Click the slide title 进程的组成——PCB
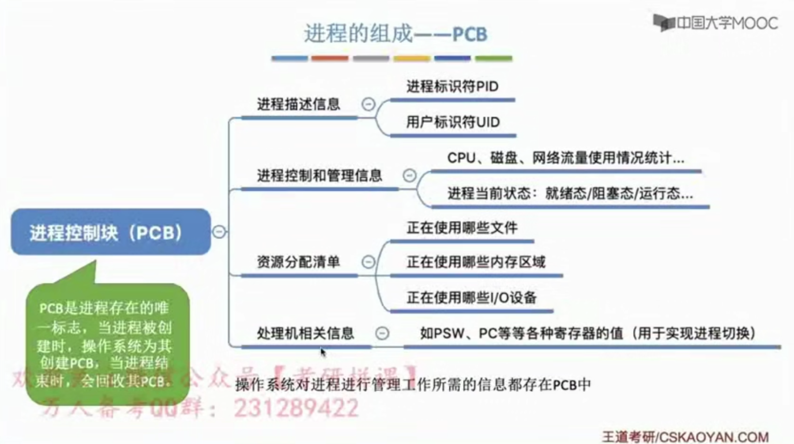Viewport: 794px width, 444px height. (395, 34)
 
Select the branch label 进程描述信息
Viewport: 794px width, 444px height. (298, 104)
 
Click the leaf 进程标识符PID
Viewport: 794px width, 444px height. (452, 86)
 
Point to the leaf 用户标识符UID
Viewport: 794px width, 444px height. (452, 122)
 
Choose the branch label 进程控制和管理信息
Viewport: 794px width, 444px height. (319, 175)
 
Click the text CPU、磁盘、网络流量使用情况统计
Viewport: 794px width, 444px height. (565, 158)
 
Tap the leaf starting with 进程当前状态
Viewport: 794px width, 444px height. (570, 194)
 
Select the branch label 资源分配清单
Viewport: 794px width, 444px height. (298, 262)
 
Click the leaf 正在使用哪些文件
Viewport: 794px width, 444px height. (462, 228)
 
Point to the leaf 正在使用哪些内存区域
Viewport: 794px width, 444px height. (476, 262)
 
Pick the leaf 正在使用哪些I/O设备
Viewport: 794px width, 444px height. (471, 298)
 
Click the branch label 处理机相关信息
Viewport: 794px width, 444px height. (305, 333)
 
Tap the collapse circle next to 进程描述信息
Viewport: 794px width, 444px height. (368, 104)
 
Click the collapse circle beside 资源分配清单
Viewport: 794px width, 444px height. (368, 262)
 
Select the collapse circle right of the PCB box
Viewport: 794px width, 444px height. (219, 231)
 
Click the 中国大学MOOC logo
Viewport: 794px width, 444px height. (715, 23)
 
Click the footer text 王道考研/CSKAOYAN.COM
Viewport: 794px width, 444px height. (685, 437)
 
